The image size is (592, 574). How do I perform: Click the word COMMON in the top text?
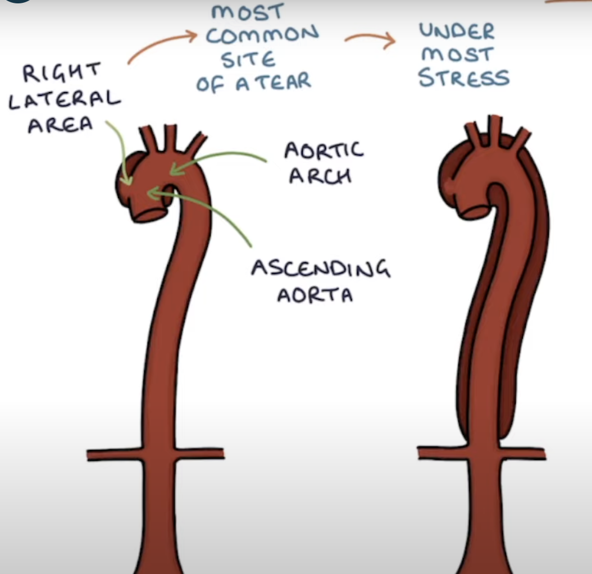[x=262, y=35]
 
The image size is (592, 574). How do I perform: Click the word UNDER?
[x=457, y=31]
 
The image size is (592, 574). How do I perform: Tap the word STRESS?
[x=464, y=78]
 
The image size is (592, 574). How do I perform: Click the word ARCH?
[x=320, y=176]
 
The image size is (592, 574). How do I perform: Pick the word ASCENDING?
[x=320, y=268]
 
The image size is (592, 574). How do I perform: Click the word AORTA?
[x=315, y=295]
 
